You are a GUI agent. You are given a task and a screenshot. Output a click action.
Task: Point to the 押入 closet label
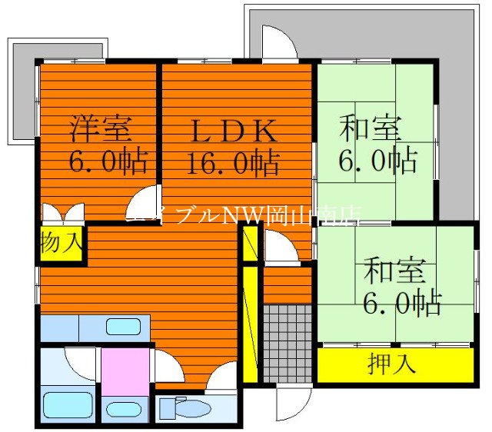click(x=391, y=364)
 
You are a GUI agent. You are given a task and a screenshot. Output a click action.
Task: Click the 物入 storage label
click(x=61, y=243)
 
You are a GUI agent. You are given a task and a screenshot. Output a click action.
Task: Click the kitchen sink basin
click(x=123, y=326)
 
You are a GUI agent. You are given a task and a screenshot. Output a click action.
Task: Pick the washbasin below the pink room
click(x=123, y=408)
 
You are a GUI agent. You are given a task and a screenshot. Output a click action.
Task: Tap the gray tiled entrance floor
click(x=288, y=342)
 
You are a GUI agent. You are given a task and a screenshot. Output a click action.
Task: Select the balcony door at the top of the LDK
click(x=279, y=45)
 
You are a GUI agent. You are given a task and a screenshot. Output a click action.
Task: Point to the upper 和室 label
click(x=369, y=128)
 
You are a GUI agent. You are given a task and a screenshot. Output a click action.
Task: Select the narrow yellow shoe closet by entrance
click(x=250, y=323)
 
